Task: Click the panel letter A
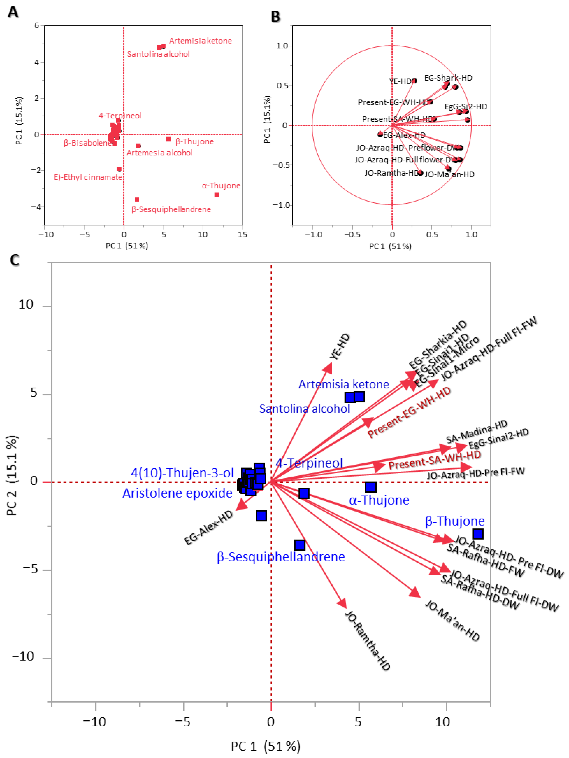pos(13,12)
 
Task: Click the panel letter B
pos(275,16)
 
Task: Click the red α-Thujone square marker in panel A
pos(217,195)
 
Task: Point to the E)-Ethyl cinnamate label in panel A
pos(88,177)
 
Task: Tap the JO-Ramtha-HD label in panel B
pos(391,173)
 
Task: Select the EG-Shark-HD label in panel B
pos(448,78)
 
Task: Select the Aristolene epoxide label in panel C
pos(177,493)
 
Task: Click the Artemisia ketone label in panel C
pos(344,384)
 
